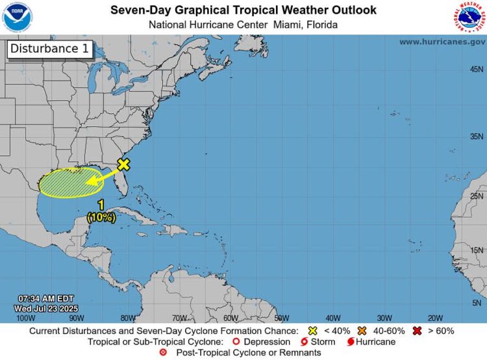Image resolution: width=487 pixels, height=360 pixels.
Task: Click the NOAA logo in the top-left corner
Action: (x=17, y=18)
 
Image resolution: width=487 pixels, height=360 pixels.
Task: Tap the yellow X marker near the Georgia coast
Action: (x=123, y=165)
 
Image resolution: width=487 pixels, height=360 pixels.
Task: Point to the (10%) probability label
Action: (x=101, y=218)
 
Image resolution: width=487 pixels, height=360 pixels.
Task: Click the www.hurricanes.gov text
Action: (x=442, y=42)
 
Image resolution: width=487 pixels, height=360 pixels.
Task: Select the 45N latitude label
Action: (x=477, y=70)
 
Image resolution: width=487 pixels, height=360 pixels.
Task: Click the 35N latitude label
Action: (x=477, y=136)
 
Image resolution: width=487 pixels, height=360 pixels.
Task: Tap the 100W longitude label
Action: (x=25, y=318)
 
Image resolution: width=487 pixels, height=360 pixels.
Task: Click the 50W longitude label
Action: (x=281, y=318)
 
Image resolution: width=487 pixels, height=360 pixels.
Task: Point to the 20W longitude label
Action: (x=434, y=318)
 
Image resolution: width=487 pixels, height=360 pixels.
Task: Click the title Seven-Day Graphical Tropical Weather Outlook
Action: (x=242, y=10)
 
